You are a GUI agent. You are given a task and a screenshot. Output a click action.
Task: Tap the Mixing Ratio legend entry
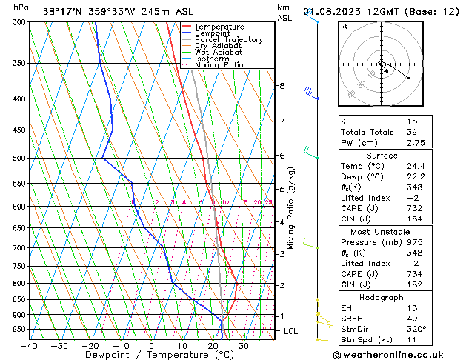(x=219, y=65)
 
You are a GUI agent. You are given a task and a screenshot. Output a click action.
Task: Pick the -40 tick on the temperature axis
(x=30, y=345)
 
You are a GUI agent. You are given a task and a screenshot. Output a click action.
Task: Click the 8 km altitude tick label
(x=282, y=86)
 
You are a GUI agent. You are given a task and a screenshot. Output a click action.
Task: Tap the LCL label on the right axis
(x=290, y=331)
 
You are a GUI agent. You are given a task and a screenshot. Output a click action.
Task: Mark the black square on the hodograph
(x=409, y=78)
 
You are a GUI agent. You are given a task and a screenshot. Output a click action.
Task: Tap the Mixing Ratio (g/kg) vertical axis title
(x=291, y=207)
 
